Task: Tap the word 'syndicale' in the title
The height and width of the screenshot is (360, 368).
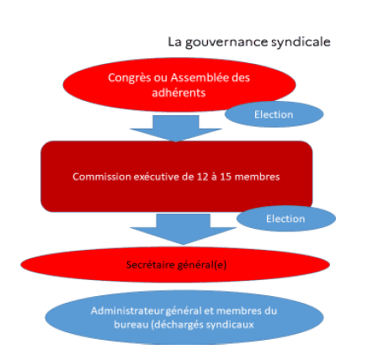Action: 301,43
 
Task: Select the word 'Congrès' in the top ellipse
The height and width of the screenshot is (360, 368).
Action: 130,78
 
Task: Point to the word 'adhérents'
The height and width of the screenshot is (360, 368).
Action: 179,93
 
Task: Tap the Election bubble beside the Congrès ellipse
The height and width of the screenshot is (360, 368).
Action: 274,114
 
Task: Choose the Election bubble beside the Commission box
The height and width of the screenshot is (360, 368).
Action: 286,219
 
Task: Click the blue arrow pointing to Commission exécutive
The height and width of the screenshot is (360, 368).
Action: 176,129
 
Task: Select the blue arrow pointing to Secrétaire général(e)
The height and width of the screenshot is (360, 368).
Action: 183,229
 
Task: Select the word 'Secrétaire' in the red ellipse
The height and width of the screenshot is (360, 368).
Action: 150,265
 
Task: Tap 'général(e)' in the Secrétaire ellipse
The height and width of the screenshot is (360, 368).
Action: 201,265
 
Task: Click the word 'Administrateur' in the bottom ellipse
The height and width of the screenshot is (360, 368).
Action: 127,310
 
